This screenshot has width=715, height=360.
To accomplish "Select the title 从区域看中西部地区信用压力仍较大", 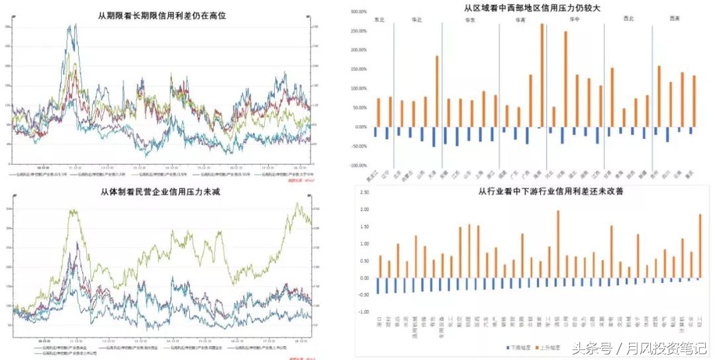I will tap(532, 8).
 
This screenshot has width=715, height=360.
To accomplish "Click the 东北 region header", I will tap(380, 20).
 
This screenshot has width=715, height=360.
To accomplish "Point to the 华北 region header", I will tap(416, 20).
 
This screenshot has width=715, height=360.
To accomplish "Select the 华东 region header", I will tap(468, 20).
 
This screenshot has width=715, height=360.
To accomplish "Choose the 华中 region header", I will tap(574, 20).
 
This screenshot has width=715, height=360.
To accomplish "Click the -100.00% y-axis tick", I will tap(356, 165).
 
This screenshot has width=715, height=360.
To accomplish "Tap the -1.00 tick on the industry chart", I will tap(363, 312).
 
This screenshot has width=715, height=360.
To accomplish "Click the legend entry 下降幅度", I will tap(518, 348).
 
